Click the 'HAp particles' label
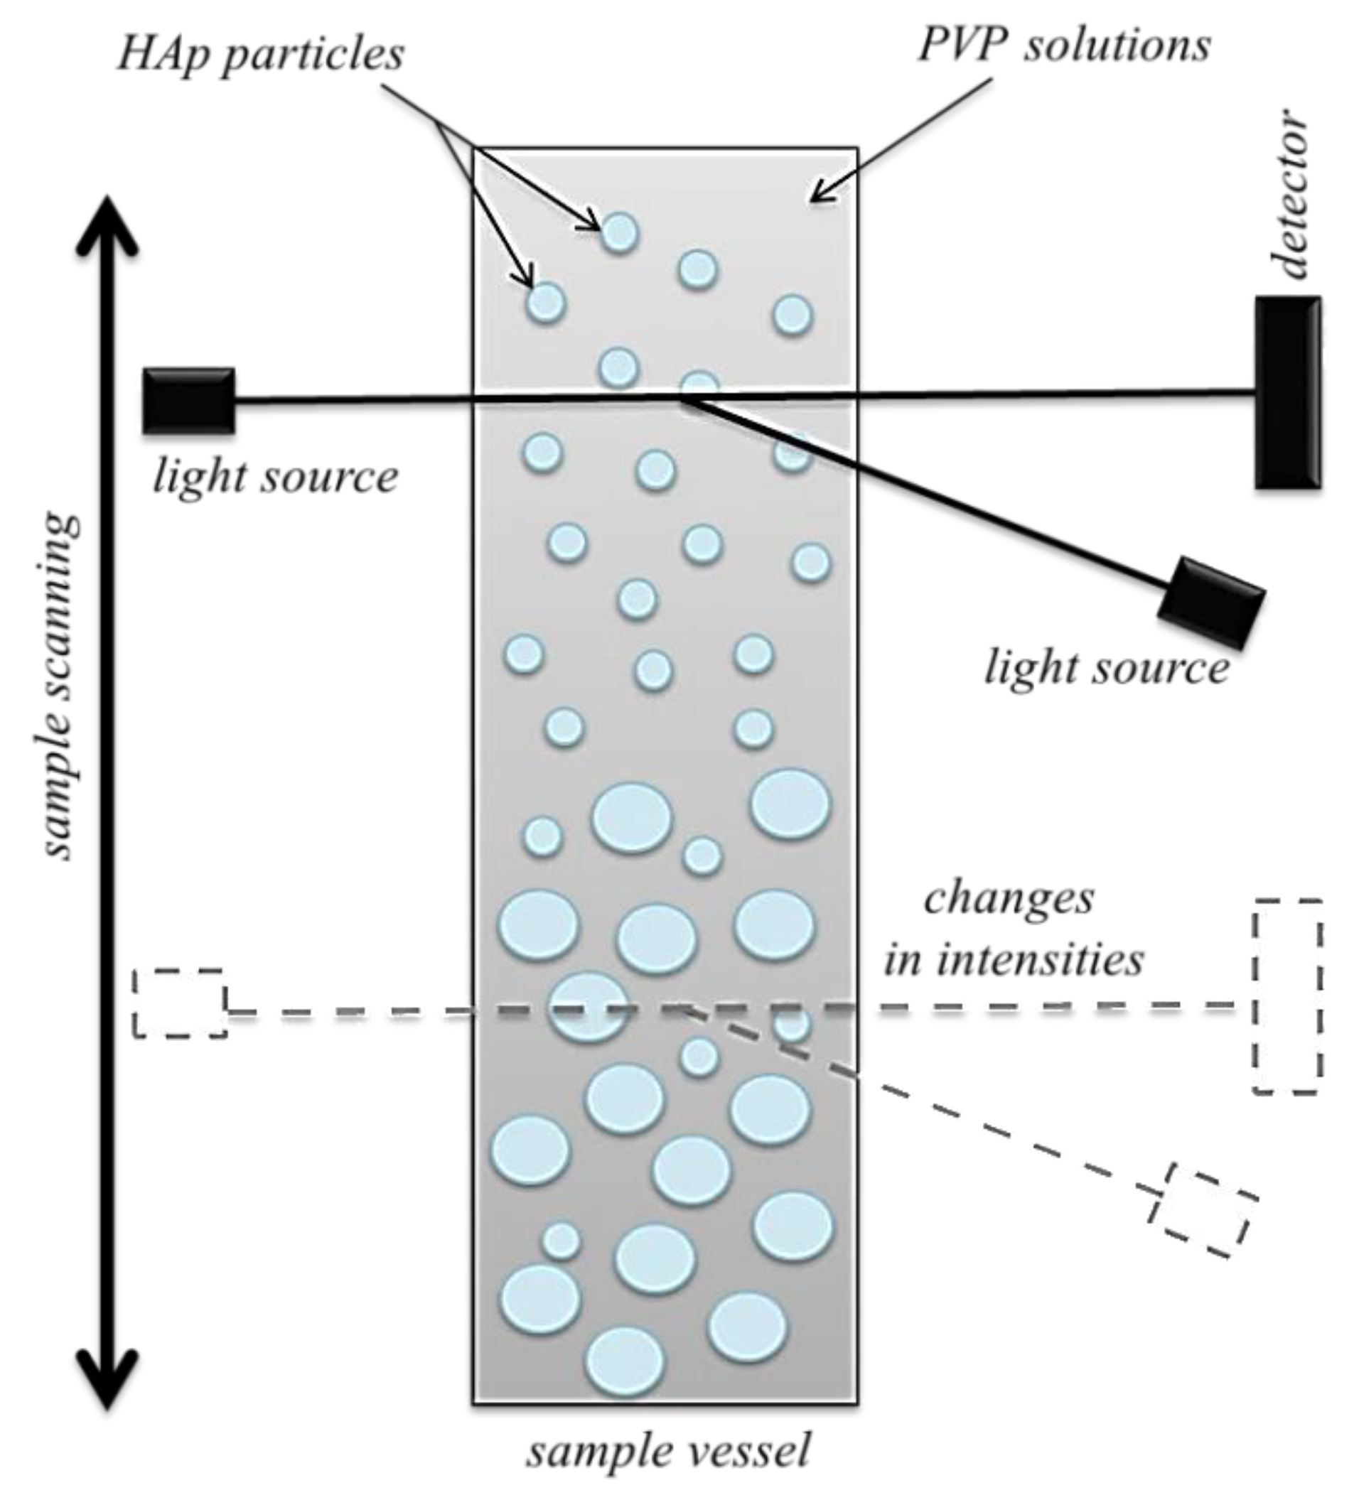(x=260, y=55)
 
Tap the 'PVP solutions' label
(x=1065, y=46)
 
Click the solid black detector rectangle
(x=1288, y=392)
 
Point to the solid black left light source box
(x=188, y=401)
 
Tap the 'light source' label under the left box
(x=275, y=476)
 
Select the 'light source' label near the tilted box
(x=1106, y=668)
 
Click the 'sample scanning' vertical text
(x=57, y=686)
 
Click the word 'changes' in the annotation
(x=1008, y=899)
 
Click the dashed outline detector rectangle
(x=1287, y=996)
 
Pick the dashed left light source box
(x=180, y=1003)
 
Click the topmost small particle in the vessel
(x=618, y=233)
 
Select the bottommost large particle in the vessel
(x=625, y=1361)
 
